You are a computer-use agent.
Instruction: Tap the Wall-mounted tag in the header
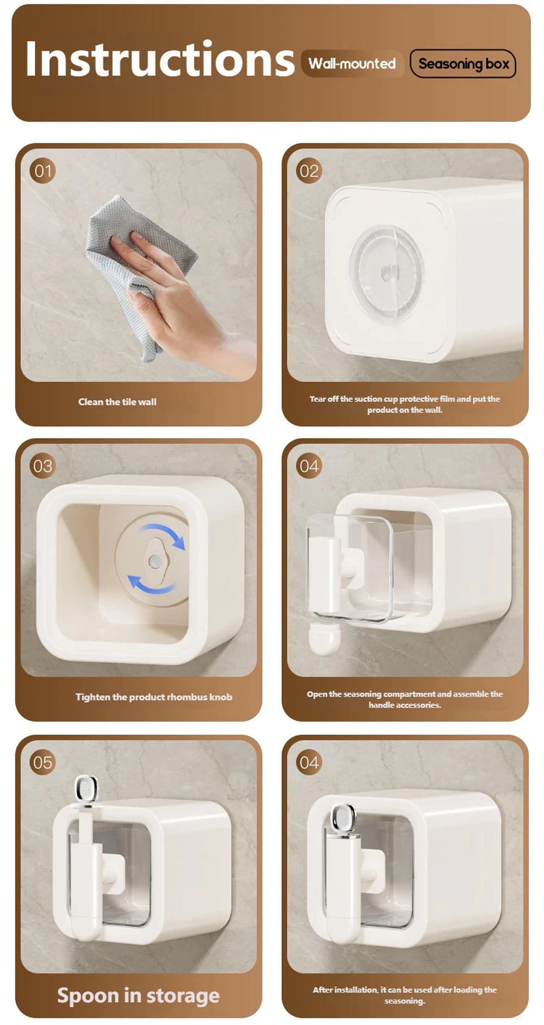(x=352, y=64)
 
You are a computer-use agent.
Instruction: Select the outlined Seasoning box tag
(x=463, y=64)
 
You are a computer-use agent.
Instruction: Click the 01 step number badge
(x=42, y=171)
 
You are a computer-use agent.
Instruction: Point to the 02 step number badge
(x=309, y=171)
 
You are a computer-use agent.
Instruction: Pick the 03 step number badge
(x=42, y=466)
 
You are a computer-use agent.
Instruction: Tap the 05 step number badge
(x=42, y=762)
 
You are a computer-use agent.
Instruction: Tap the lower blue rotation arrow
(x=151, y=584)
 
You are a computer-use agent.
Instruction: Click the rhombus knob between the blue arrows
(x=155, y=560)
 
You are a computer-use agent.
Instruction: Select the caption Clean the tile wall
(x=117, y=402)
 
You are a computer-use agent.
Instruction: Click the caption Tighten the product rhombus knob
(x=154, y=697)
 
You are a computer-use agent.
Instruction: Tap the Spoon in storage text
(x=138, y=996)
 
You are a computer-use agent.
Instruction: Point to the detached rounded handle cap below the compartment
(x=324, y=638)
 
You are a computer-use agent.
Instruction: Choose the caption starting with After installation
(x=405, y=995)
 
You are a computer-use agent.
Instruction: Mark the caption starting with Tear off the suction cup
(x=405, y=404)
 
